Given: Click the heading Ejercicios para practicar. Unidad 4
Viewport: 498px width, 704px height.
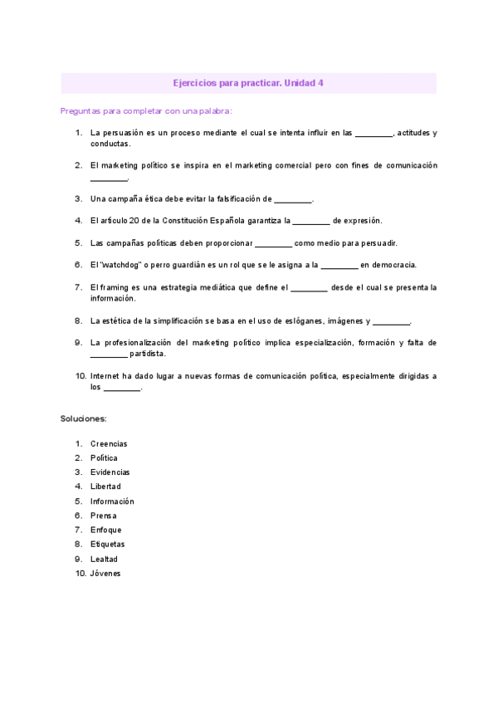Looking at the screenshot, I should (x=249, y=83).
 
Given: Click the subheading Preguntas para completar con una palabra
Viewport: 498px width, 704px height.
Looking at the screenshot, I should (x=146, y=110).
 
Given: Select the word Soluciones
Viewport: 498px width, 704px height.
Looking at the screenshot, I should (x=83, y=418).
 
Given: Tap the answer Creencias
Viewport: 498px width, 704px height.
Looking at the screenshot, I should (x=109, y=443).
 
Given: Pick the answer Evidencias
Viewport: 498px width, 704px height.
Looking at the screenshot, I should (x=110, y=472).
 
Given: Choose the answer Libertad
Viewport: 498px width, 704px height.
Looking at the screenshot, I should (x=105, y=486).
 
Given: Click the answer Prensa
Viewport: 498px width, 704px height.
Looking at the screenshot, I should (x=104, y=516).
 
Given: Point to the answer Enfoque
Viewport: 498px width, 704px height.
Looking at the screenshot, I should (x=106, y=530).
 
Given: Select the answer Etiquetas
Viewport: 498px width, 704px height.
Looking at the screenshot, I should (x=108, y=544).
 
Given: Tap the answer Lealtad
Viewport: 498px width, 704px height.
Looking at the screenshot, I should (x=105, y=559).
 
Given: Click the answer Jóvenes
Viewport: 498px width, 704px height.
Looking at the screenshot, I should (x=105, y=573).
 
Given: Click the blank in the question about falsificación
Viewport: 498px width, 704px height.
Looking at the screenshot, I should (x=293, y=199).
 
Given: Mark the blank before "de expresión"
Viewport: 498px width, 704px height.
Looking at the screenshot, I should (x=311, y=222).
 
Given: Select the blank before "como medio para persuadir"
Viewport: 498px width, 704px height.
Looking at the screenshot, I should (x=273, y=244).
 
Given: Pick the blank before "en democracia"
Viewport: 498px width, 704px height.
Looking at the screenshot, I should (x=339, y=266).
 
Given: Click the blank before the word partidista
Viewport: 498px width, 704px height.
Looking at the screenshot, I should (x=109, y=354).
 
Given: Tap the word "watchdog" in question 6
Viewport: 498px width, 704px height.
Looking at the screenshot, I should (x=123, y=265).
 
